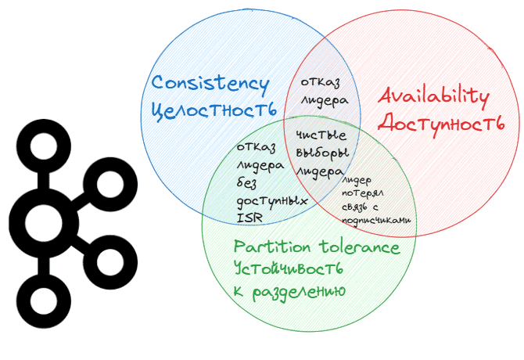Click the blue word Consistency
point(210,84)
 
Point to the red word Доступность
point(440,123)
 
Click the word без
point(249,182)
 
